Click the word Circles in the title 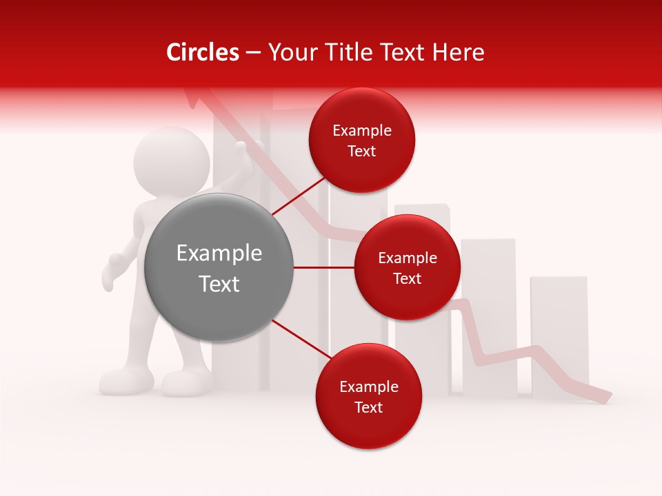(202, 52)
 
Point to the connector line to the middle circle (324, 267)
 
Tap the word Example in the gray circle (219, 254)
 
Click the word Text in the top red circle (362, 152)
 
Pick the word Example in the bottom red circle (368, 387)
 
